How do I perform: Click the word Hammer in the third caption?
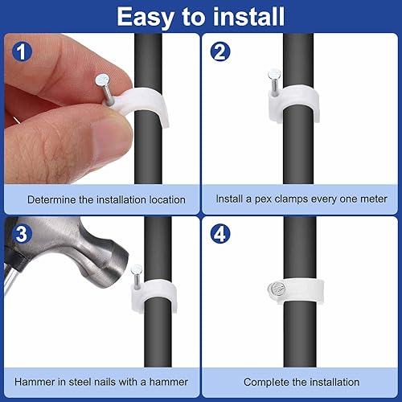pos(34,381)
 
